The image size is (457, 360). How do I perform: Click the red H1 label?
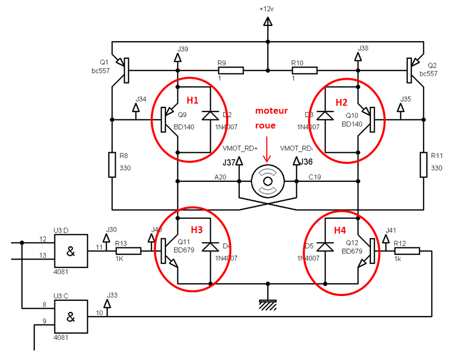tap(192, 100)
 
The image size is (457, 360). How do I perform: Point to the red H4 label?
tap(339, 230)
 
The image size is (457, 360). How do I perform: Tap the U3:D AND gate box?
tap(71, 251)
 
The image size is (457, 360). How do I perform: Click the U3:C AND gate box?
tap(71, 317)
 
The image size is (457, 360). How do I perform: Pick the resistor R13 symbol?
tap(129, 251)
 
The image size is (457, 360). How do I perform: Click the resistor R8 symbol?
tap(112, 164)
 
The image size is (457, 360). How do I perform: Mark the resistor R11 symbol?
tap(424, 164)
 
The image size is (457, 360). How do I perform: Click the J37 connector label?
tap(230, 162)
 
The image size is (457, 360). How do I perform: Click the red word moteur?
tap(272, 111)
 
